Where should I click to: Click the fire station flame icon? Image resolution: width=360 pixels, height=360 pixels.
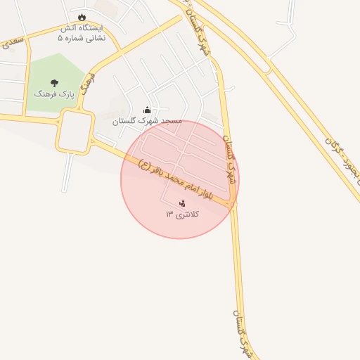[83, 17]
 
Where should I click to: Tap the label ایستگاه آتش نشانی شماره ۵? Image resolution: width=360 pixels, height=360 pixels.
[83, 33]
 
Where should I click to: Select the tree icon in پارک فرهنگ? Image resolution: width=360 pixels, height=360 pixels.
[55, 82]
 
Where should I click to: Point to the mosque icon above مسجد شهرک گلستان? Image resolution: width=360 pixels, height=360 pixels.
[147, 110]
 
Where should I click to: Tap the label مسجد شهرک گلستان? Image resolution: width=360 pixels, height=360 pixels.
[147, 121]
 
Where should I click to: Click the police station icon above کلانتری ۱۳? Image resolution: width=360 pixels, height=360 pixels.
[182, 202]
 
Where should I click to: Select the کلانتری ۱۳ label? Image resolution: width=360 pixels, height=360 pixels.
[182, 213]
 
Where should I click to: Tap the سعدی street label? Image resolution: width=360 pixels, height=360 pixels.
[13, 41]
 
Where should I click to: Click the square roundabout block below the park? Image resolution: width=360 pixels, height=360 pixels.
[75, 131]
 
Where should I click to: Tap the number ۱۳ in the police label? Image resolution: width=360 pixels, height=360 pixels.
[169, 213]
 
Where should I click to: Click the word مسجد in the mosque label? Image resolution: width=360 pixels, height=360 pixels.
[172, 121]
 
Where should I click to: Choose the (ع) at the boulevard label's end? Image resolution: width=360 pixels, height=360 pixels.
[144, 165]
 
